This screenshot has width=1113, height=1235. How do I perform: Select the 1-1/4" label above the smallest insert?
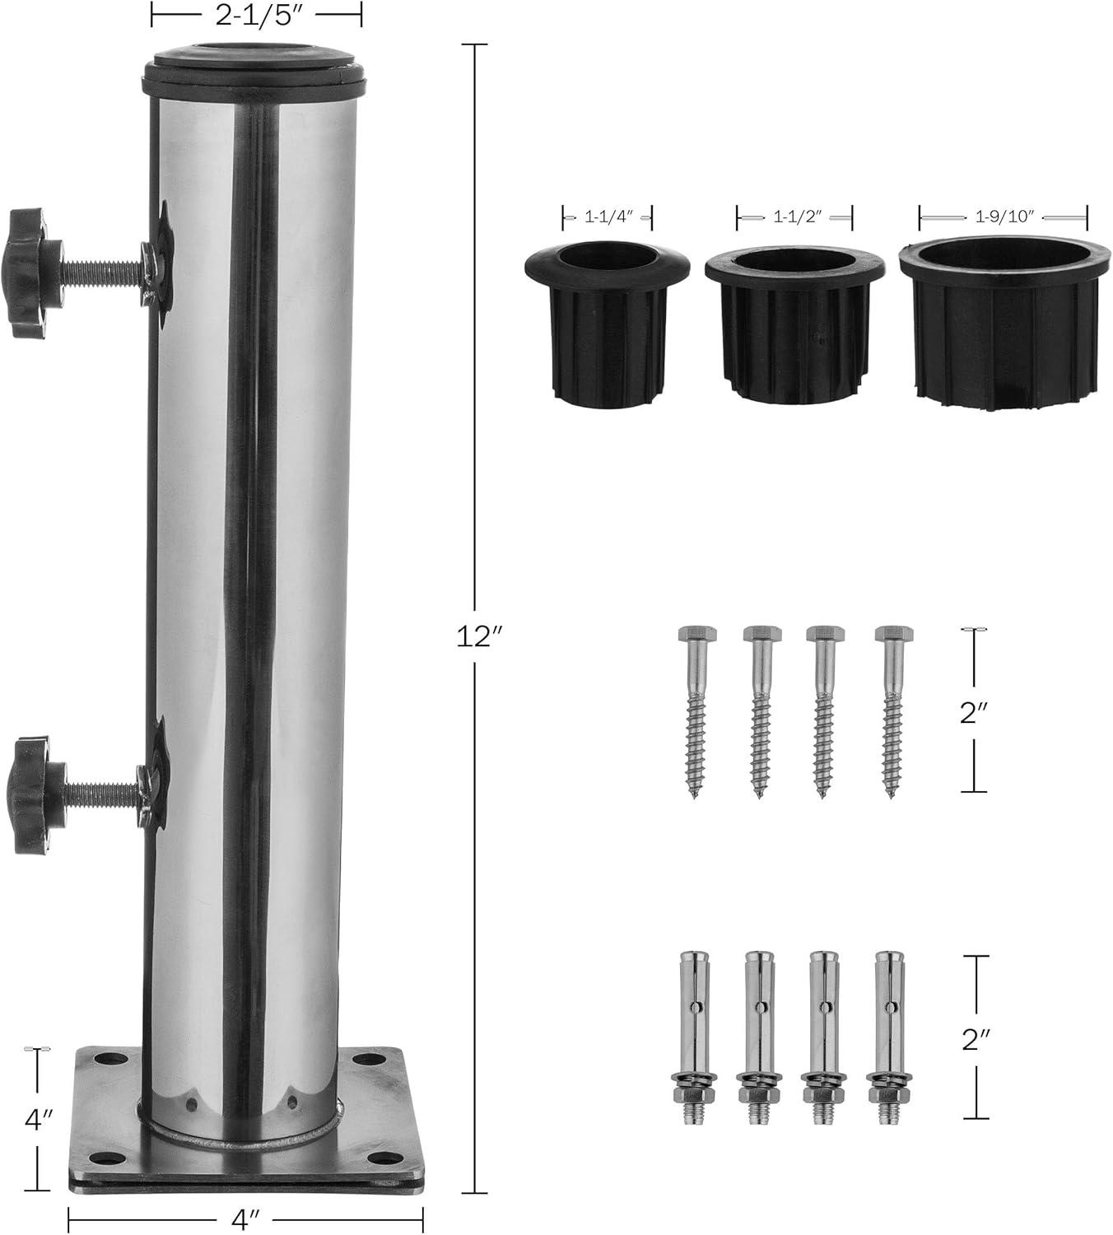[608, 217]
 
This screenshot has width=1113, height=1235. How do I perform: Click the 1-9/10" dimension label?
[1004, 217]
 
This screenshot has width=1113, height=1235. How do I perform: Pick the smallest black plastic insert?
[607, 324]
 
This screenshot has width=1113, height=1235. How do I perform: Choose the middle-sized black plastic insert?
[794, 324]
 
